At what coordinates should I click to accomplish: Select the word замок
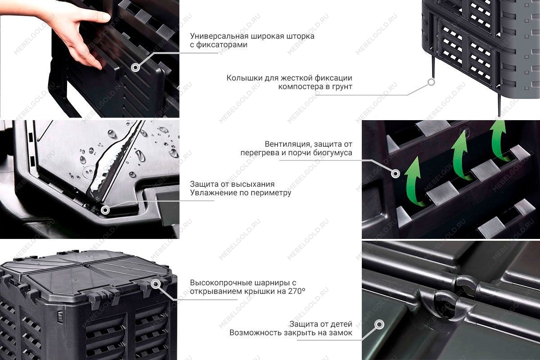coord(340,333)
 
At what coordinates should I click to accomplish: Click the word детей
coord(341,324)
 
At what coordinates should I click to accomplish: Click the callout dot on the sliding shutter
coord(135,67)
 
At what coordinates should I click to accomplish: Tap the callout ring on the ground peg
coord(431,82)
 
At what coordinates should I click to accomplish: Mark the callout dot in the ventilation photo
coord(396,173)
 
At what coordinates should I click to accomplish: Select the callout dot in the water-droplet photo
coord(105,209)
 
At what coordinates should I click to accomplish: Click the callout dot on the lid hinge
coord(156,284)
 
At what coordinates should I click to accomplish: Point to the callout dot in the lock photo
coord(379,324)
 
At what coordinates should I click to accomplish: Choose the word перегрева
coord(259,153)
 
